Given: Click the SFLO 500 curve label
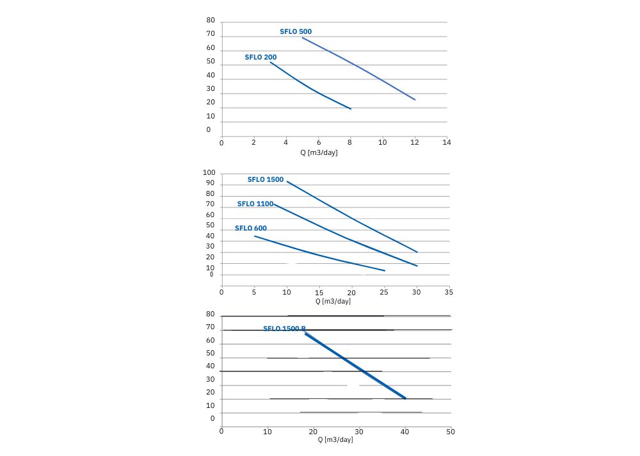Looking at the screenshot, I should (x=296, y=31).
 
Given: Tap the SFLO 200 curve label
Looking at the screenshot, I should (x=260, y=57).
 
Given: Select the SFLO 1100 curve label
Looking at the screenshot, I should (x=255, y=204).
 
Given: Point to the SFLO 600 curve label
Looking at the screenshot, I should (x=251, y=228).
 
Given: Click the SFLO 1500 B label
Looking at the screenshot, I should (x=284, y=329).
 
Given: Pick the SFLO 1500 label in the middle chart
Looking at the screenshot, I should (x=266, y=179).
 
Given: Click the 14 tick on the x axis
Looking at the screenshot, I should (x=447, y=142).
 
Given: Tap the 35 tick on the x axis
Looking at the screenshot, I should (x=449, y=291).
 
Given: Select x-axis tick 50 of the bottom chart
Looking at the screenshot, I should (x=451, y=432).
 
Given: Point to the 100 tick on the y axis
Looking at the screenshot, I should (x=209, y=173).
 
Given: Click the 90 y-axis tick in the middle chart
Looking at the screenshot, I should (x=210, y=184).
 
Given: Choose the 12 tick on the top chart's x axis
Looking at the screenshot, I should (x=415, y=142).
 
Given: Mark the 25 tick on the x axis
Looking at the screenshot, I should (x=385, y=291).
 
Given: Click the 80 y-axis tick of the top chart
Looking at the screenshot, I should (x=211, y=20).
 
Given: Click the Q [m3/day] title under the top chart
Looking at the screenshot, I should (x=319, y=152).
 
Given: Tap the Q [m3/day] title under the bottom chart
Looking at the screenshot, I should (x=335, y=439).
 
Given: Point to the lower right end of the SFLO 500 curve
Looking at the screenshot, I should (x=415, y=100).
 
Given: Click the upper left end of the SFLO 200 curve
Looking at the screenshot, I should (x=270, y=62).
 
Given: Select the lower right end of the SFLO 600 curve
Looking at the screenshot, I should (x=385, y=271).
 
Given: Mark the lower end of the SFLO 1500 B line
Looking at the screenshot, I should (x=406, y=398).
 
